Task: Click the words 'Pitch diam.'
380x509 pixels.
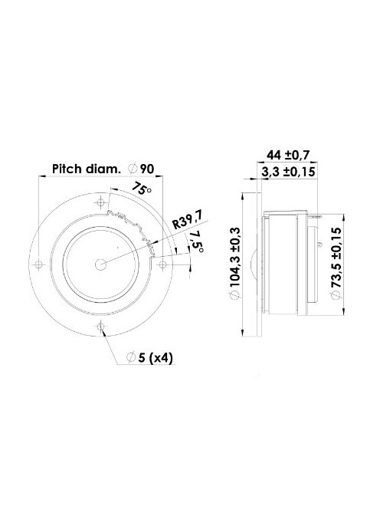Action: click(85, 169)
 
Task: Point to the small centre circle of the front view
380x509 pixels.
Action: click(100, 263)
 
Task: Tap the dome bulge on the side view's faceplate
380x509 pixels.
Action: click(254, 263)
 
